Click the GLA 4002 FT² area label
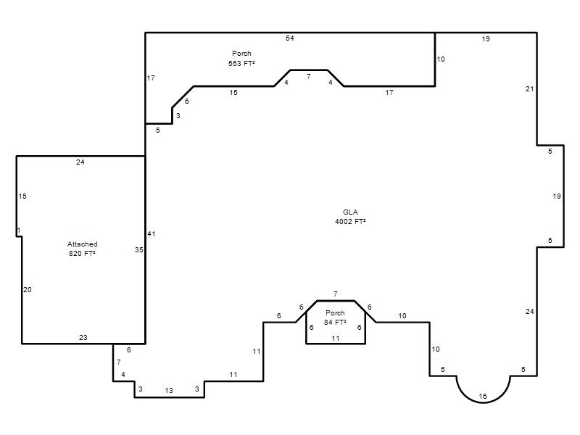point(350,217)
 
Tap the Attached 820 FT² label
point(82,249)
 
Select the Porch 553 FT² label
point(241,59)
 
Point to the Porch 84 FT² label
point(335,318)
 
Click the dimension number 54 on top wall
point(289,38)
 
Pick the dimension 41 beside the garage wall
point(152,233)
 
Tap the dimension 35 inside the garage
point(138,249)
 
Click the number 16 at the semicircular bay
point(483,396)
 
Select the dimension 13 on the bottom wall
point(169,390)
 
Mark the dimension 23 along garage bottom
point(83,337)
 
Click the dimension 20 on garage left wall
point(28,289)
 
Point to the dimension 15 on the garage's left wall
point(22,196)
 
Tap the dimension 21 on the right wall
point(529,88)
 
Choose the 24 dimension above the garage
point(80,162)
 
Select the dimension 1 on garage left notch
point(19,231)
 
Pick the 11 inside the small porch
point(336,338)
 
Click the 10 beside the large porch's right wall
point(441,59)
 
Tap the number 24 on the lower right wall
point(529,312)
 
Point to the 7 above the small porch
point(336,294)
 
